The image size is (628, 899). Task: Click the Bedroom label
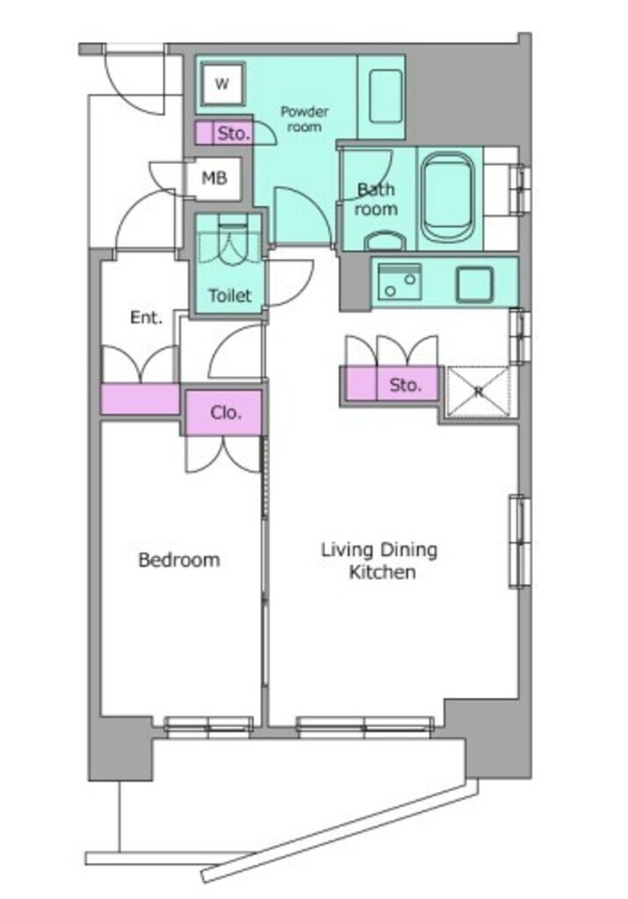pyautogui.click(x=179, y=559)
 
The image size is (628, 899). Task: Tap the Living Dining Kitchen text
pyautogui.click(x=379, y=561)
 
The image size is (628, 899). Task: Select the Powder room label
pyautogui.click(x=304, y=119)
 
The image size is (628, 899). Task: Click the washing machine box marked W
pyautogui.click(x=222, y=84)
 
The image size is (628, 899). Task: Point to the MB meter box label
pyautogui.click(x=214, y=178)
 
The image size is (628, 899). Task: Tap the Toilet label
pyautogui.click(x=230, y=295)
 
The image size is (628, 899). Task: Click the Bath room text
pyautogui.click(x=376, y=198)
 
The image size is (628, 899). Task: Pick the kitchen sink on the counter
pyautogui.click(x=399, y=282)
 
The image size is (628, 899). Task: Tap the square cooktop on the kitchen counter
pyautogui.click(x=475, y=284)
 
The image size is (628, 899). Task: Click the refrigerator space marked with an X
pyautogui.click(x=478, y=392)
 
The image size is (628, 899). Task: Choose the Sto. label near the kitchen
pyautogui.click(x=405, y=385)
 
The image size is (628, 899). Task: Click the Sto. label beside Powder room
pyautogui.click(x=234, y=133)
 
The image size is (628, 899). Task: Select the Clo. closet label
pyautogui.click(x=225, y=413)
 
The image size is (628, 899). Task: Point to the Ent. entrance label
pyautogui.click(x=146, y=317)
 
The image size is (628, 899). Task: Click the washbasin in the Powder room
pyautogui.click(x=386, y=96)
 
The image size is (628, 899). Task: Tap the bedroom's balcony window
pyautogui.click(x=209, y=726)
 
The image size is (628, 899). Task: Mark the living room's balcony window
pyautogui.click(x=364, y=726)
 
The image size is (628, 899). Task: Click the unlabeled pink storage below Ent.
pyautogui.click(x=140, y=399)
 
